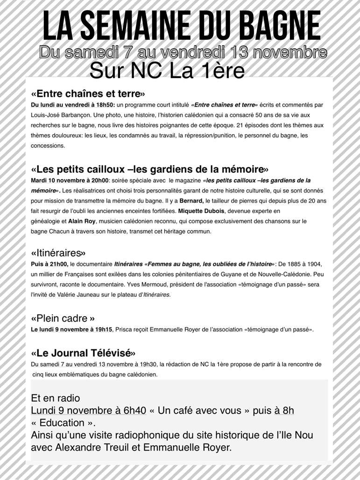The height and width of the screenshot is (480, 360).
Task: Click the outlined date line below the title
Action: coord(183,53)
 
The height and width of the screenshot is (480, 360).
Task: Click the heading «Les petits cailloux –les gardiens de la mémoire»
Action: coord(149,169)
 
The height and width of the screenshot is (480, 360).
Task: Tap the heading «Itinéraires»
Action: coord(58,253)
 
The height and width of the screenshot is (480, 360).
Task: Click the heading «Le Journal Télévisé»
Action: coord(84,352)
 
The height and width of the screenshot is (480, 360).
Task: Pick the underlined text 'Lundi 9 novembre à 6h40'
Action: coord(89,411)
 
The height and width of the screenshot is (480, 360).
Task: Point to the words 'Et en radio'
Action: coord(56,398)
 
